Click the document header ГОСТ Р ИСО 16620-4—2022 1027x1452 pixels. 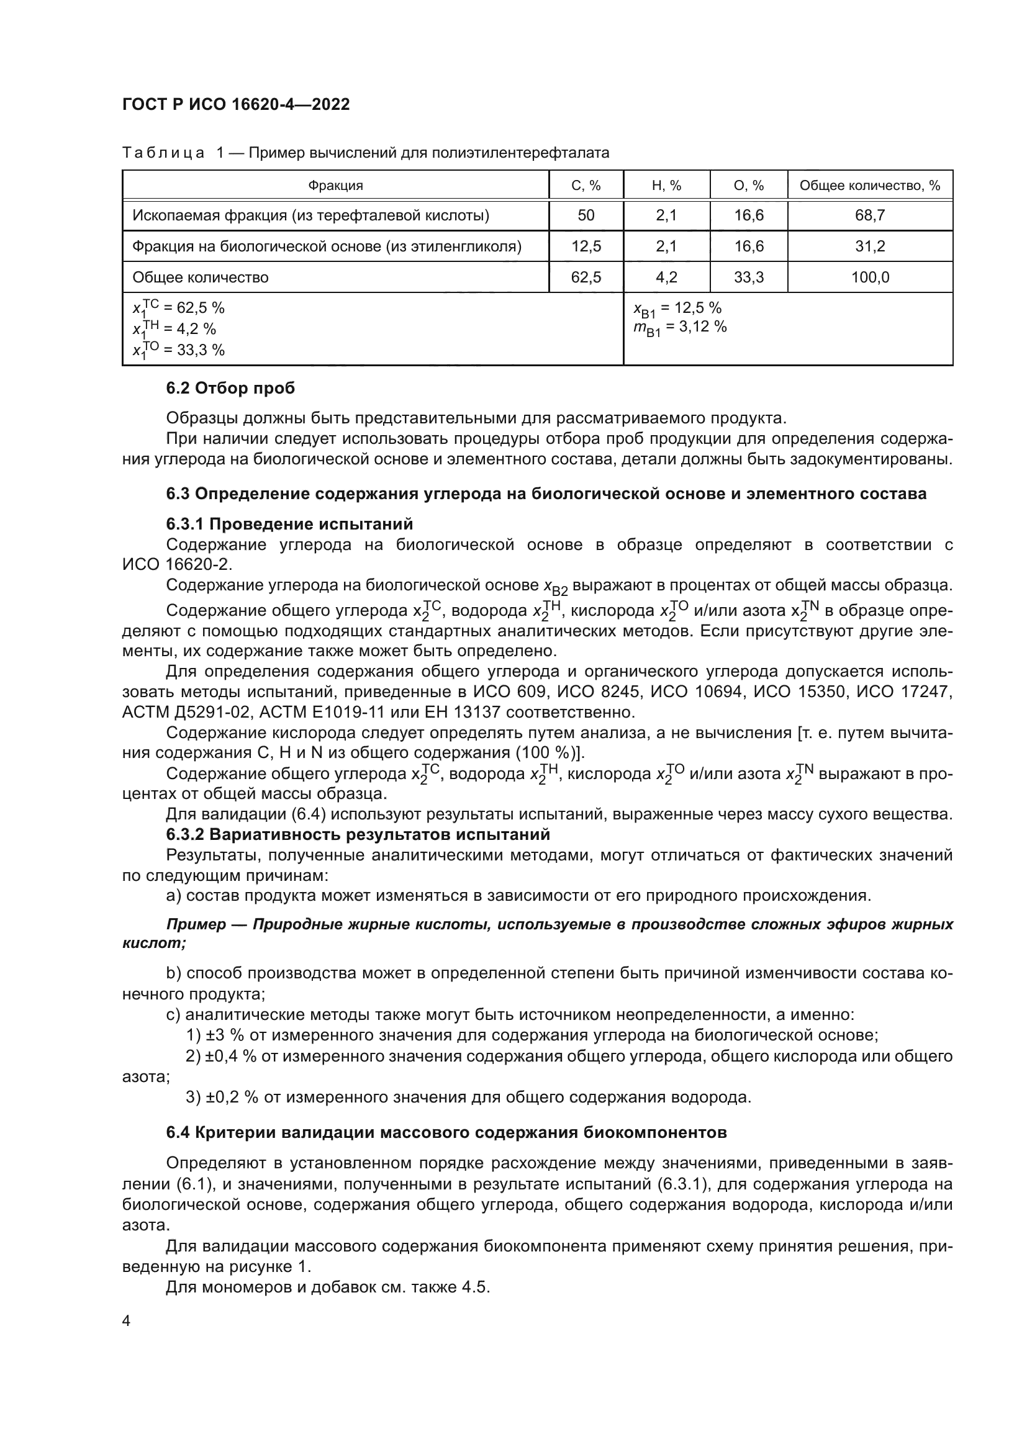click(x=236, y=104)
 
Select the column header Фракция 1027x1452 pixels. click(x=335, y=185)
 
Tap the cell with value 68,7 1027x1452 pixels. click(x=869, y=215)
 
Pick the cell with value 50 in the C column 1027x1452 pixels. click(x=586, y=215)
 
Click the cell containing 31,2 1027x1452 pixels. click(x=869, y=246)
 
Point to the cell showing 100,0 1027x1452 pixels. click(x=869, y=277)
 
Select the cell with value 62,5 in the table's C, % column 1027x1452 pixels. click(x=586, y=277)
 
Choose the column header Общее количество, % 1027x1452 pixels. click(x=869, y=185)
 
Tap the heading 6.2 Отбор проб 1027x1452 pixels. click(x=230, y=388)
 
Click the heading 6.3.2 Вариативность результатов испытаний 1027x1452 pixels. click(x=357, y=834)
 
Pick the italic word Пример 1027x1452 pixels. click(x=196, y=924)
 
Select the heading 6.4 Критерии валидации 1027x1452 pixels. click(x=446, y=1133)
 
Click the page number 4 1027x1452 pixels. click(x=127, y=1320)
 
